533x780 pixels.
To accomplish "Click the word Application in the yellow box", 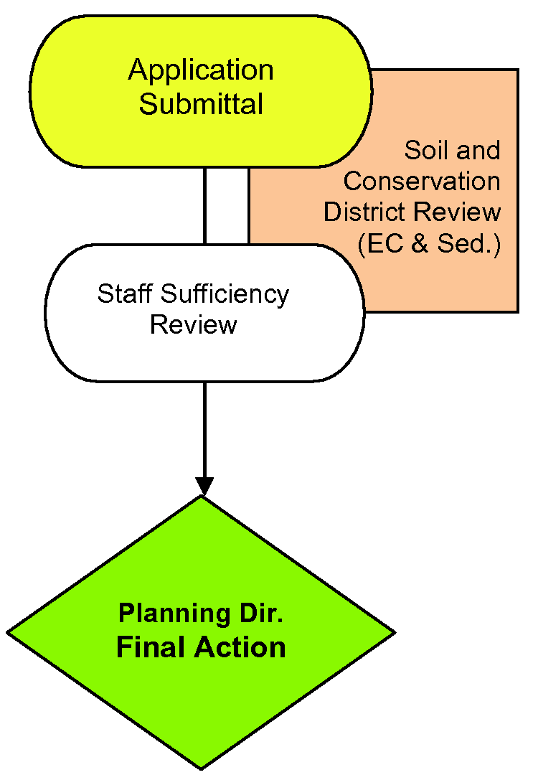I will [201, 71].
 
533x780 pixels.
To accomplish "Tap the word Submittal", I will [201, 104].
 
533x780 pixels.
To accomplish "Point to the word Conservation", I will [422, 182].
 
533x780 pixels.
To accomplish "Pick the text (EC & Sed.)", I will [428, 243].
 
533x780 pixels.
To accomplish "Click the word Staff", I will [126, 293].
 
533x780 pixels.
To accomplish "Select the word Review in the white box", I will [193, 324].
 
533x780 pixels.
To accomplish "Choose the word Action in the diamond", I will [237, 647].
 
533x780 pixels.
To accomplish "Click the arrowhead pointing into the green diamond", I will [204, 487].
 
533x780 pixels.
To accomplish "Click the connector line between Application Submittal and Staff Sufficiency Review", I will [204, 206].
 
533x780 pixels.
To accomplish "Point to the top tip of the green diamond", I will [202, 497].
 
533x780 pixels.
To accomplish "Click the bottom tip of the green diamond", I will [202, 769].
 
